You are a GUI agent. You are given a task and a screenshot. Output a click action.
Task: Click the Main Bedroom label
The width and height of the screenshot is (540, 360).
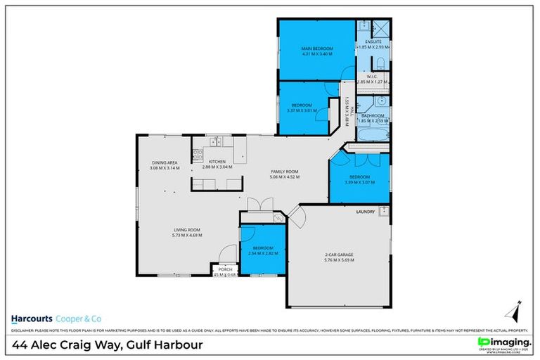click(x=316, y=48)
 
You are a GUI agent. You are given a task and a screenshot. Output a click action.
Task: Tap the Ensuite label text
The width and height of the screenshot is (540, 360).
click(x=373, y=41)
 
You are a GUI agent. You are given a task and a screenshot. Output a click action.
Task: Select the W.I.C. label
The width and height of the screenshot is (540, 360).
click(x=372, y=76)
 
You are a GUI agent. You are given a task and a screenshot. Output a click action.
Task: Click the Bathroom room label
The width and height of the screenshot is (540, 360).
click(x=373, y=115)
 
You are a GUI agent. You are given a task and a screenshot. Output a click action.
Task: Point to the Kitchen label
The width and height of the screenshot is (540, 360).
click(x=217, y=162)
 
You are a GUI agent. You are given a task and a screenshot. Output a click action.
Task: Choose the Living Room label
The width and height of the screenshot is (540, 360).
click(x=188, y=229)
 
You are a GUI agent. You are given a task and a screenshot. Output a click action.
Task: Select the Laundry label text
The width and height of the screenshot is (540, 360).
click(x=366, y=211)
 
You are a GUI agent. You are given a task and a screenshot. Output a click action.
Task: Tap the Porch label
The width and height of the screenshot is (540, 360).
click(x=225, y=269)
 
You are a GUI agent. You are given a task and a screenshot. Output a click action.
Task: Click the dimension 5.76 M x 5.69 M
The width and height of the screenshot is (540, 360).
click(x=338, y=260)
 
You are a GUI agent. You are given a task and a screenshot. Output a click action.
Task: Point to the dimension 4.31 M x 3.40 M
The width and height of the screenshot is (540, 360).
click(x=316, y=53)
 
